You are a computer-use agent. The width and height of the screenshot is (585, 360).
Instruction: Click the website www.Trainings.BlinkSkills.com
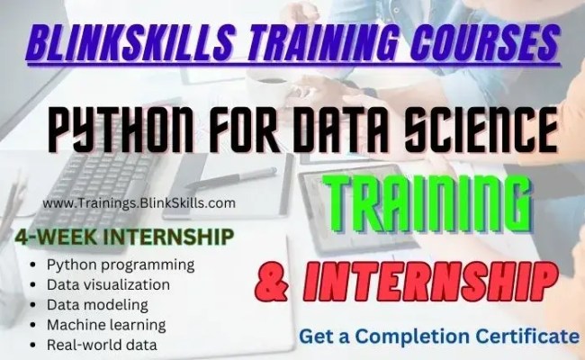click(139, 203)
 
